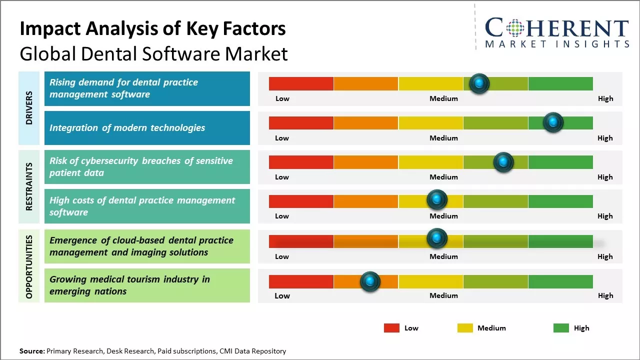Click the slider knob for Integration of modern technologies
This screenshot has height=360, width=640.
(x=553, y=122)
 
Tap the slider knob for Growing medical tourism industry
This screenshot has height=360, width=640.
(x=370, y=281)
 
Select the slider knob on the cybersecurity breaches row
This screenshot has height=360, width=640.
(x=503, y=162)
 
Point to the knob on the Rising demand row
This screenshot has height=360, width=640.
(x=479, y=83)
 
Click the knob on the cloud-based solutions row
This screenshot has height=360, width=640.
(x=437, y=238)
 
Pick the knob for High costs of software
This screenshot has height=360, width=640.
(x=437, y=200)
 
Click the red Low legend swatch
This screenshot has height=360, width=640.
(x=391, y=328)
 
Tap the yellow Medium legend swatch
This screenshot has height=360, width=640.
(x=465, y=328)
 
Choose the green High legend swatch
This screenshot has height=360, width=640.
(x=561, y=328)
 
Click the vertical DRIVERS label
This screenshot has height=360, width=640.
(x=29, y=107)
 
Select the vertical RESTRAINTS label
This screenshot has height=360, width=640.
(x=29, y=186)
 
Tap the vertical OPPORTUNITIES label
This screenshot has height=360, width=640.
(x=29, y=266)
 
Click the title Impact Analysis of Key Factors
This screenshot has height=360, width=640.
(x=152, y=28)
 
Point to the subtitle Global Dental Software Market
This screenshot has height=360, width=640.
(x=153, y=53)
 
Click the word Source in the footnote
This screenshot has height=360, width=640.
(x=32, y=351)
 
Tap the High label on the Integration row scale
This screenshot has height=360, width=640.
(x=605, y=138)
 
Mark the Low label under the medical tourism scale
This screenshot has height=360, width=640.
(x=282, y=295)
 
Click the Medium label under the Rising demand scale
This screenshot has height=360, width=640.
(x=443, y=98)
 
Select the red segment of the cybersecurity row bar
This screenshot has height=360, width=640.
(x=301, y=162)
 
